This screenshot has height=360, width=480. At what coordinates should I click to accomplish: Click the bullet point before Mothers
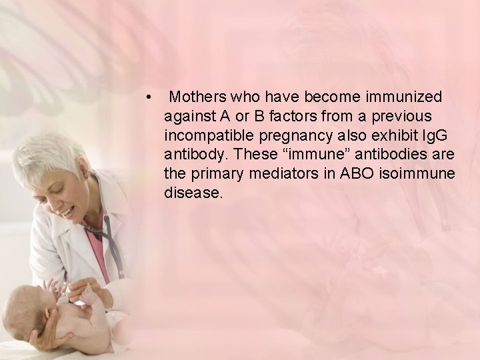(x=153, y=97)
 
